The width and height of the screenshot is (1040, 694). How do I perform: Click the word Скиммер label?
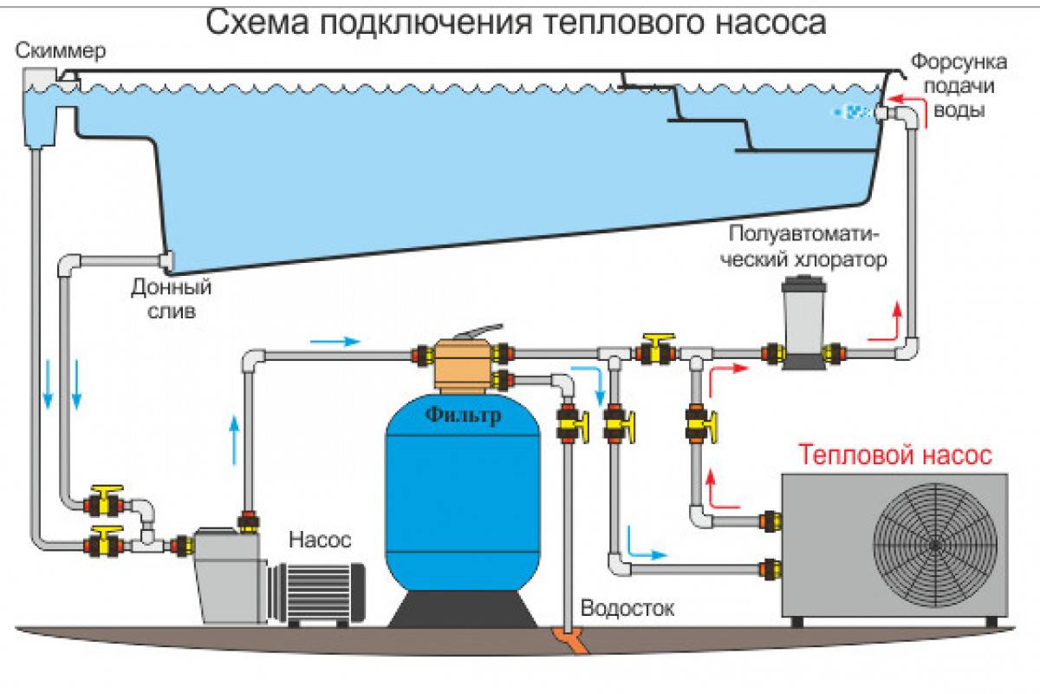pos(61,50)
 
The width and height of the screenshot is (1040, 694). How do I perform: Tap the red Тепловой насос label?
pos(895,455)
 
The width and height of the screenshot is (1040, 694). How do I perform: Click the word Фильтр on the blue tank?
pos(463,416)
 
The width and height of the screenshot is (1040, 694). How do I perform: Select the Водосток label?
pos(627,607)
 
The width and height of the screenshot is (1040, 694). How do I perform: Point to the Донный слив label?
pos(171,297)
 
